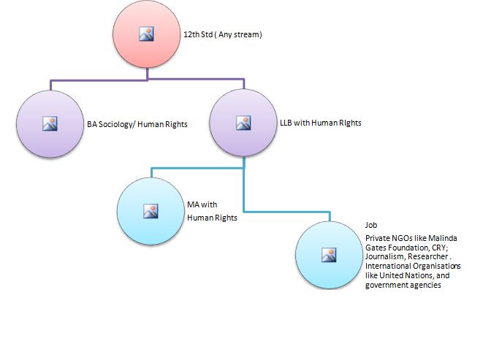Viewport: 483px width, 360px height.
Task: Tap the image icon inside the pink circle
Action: pyautogui.click(x=146, y=34)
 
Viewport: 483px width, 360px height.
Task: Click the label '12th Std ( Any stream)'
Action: pyautogui.click(x=222, y=34)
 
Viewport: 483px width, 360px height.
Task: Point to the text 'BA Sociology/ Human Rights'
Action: pyautogui.click(x=137, y=125)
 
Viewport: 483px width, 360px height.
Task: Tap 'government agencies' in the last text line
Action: pyautogui.click(x=402, y=286)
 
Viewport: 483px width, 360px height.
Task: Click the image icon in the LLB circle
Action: pyautogui.click(x=244, y=123)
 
